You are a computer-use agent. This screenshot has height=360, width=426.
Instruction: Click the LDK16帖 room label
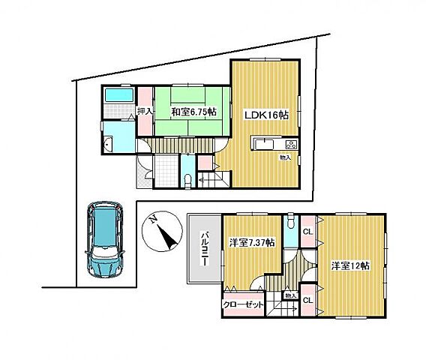[x=266, y=115]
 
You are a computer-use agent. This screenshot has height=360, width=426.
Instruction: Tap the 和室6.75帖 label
[x=194, y=111]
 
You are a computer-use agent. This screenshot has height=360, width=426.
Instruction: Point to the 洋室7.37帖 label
[x=251, y=242]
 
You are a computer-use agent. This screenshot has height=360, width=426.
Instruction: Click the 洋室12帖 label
[x=350, y=265]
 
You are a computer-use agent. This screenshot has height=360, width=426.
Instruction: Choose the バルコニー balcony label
[x=205, y=248]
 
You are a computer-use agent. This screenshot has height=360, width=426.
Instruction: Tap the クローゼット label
[x=244, y=304]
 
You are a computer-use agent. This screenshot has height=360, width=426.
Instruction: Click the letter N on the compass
[x=154, y=219]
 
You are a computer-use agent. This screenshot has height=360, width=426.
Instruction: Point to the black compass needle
[x=166, y=238]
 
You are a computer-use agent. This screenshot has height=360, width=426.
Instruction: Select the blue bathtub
[x=119, y=95]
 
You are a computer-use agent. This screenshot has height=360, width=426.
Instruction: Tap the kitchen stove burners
[x=291, y=144]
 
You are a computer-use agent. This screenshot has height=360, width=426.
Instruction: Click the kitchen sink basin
[x=265, y=144]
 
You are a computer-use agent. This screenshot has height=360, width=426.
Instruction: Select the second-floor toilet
[x=291, y=222]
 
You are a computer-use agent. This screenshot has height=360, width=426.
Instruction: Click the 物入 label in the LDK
[x=286, y=157]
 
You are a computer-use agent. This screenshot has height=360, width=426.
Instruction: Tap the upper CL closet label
[x=308, y=232]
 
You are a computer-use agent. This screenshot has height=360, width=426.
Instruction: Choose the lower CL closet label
[x=308, y=300]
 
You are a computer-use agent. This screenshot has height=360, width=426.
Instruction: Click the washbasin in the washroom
[x=109, y=144]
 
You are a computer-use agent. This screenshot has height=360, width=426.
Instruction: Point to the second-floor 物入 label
[x=291, y=295]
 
